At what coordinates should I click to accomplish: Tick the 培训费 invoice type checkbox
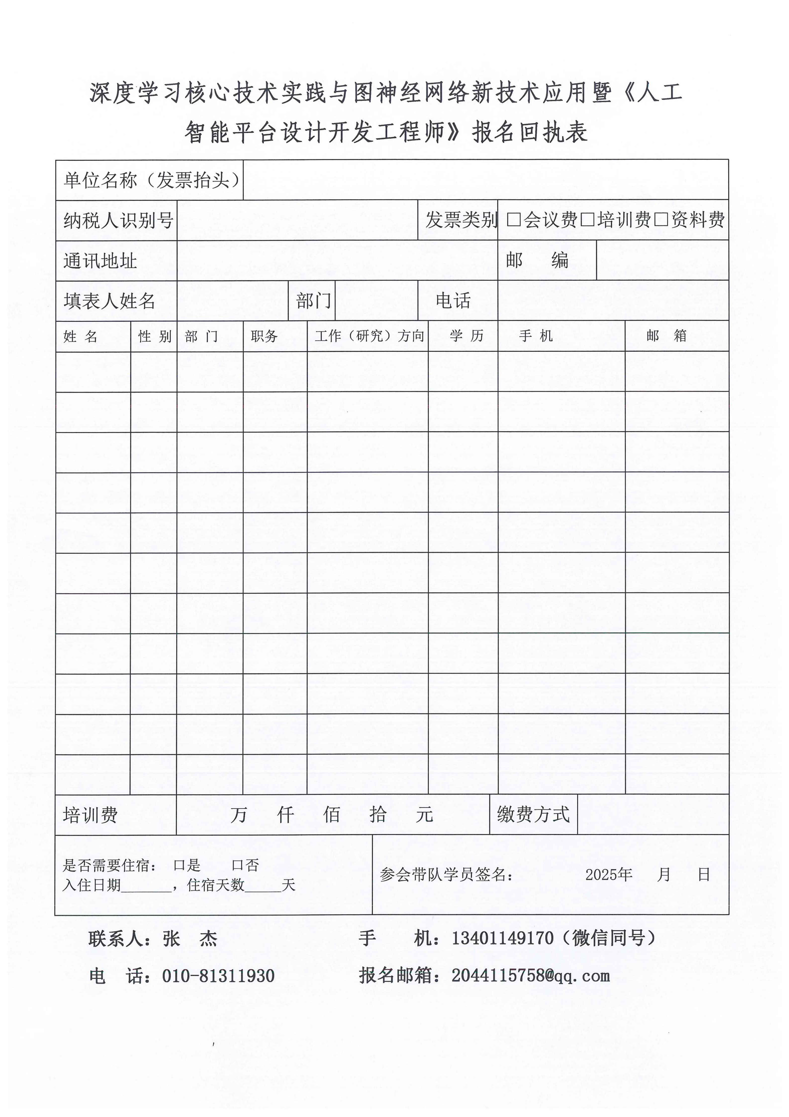[x=588, y=220]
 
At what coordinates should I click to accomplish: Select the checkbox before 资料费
[x=661, y=220]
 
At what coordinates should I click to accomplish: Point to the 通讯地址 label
[x=100, y=261]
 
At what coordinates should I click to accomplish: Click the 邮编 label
[x=537, y=261]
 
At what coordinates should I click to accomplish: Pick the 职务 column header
[x=264, y=336]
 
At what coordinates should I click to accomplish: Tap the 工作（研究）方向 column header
[x=369, y=336]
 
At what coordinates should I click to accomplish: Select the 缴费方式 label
[x=533, y=814]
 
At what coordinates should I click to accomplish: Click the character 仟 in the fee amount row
[x=285, y=814]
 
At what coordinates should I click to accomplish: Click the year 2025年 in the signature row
[x=608, y=875]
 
